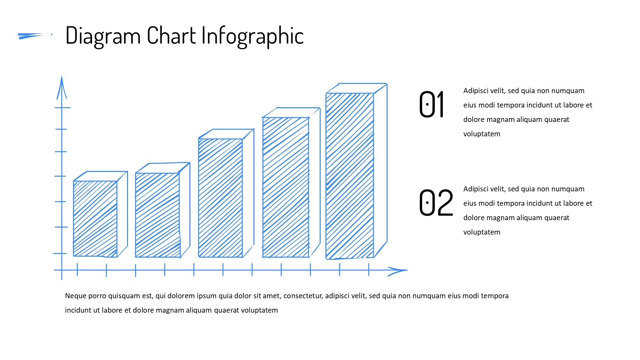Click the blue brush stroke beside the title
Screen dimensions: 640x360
pyautogui.click(x=35, y=36)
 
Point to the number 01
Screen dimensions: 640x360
pyautogui.click(x=431, y=104)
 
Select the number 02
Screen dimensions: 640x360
pyautogui.click(x=436, y=202)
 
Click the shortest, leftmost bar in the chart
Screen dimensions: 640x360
pyautogui.click(x=100, y=214)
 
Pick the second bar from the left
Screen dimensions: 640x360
pyautogui.click(x=163, y=210)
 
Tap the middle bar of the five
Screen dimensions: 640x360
pyautogui.click(x=226, y=193)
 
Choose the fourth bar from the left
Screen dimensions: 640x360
pyautogui.click(x=291, y=182)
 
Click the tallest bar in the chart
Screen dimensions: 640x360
pyautogui.click(x=356, y=171)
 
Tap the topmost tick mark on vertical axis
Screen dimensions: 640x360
pyautogui.click(x=62, y=108)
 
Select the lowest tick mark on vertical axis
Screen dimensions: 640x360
pyautogui.click(x=60, y=253)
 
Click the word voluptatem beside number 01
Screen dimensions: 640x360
pyautogui.click(x=482, y=134)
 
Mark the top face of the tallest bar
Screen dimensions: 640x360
pyautogui.click(x=356, y=88)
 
